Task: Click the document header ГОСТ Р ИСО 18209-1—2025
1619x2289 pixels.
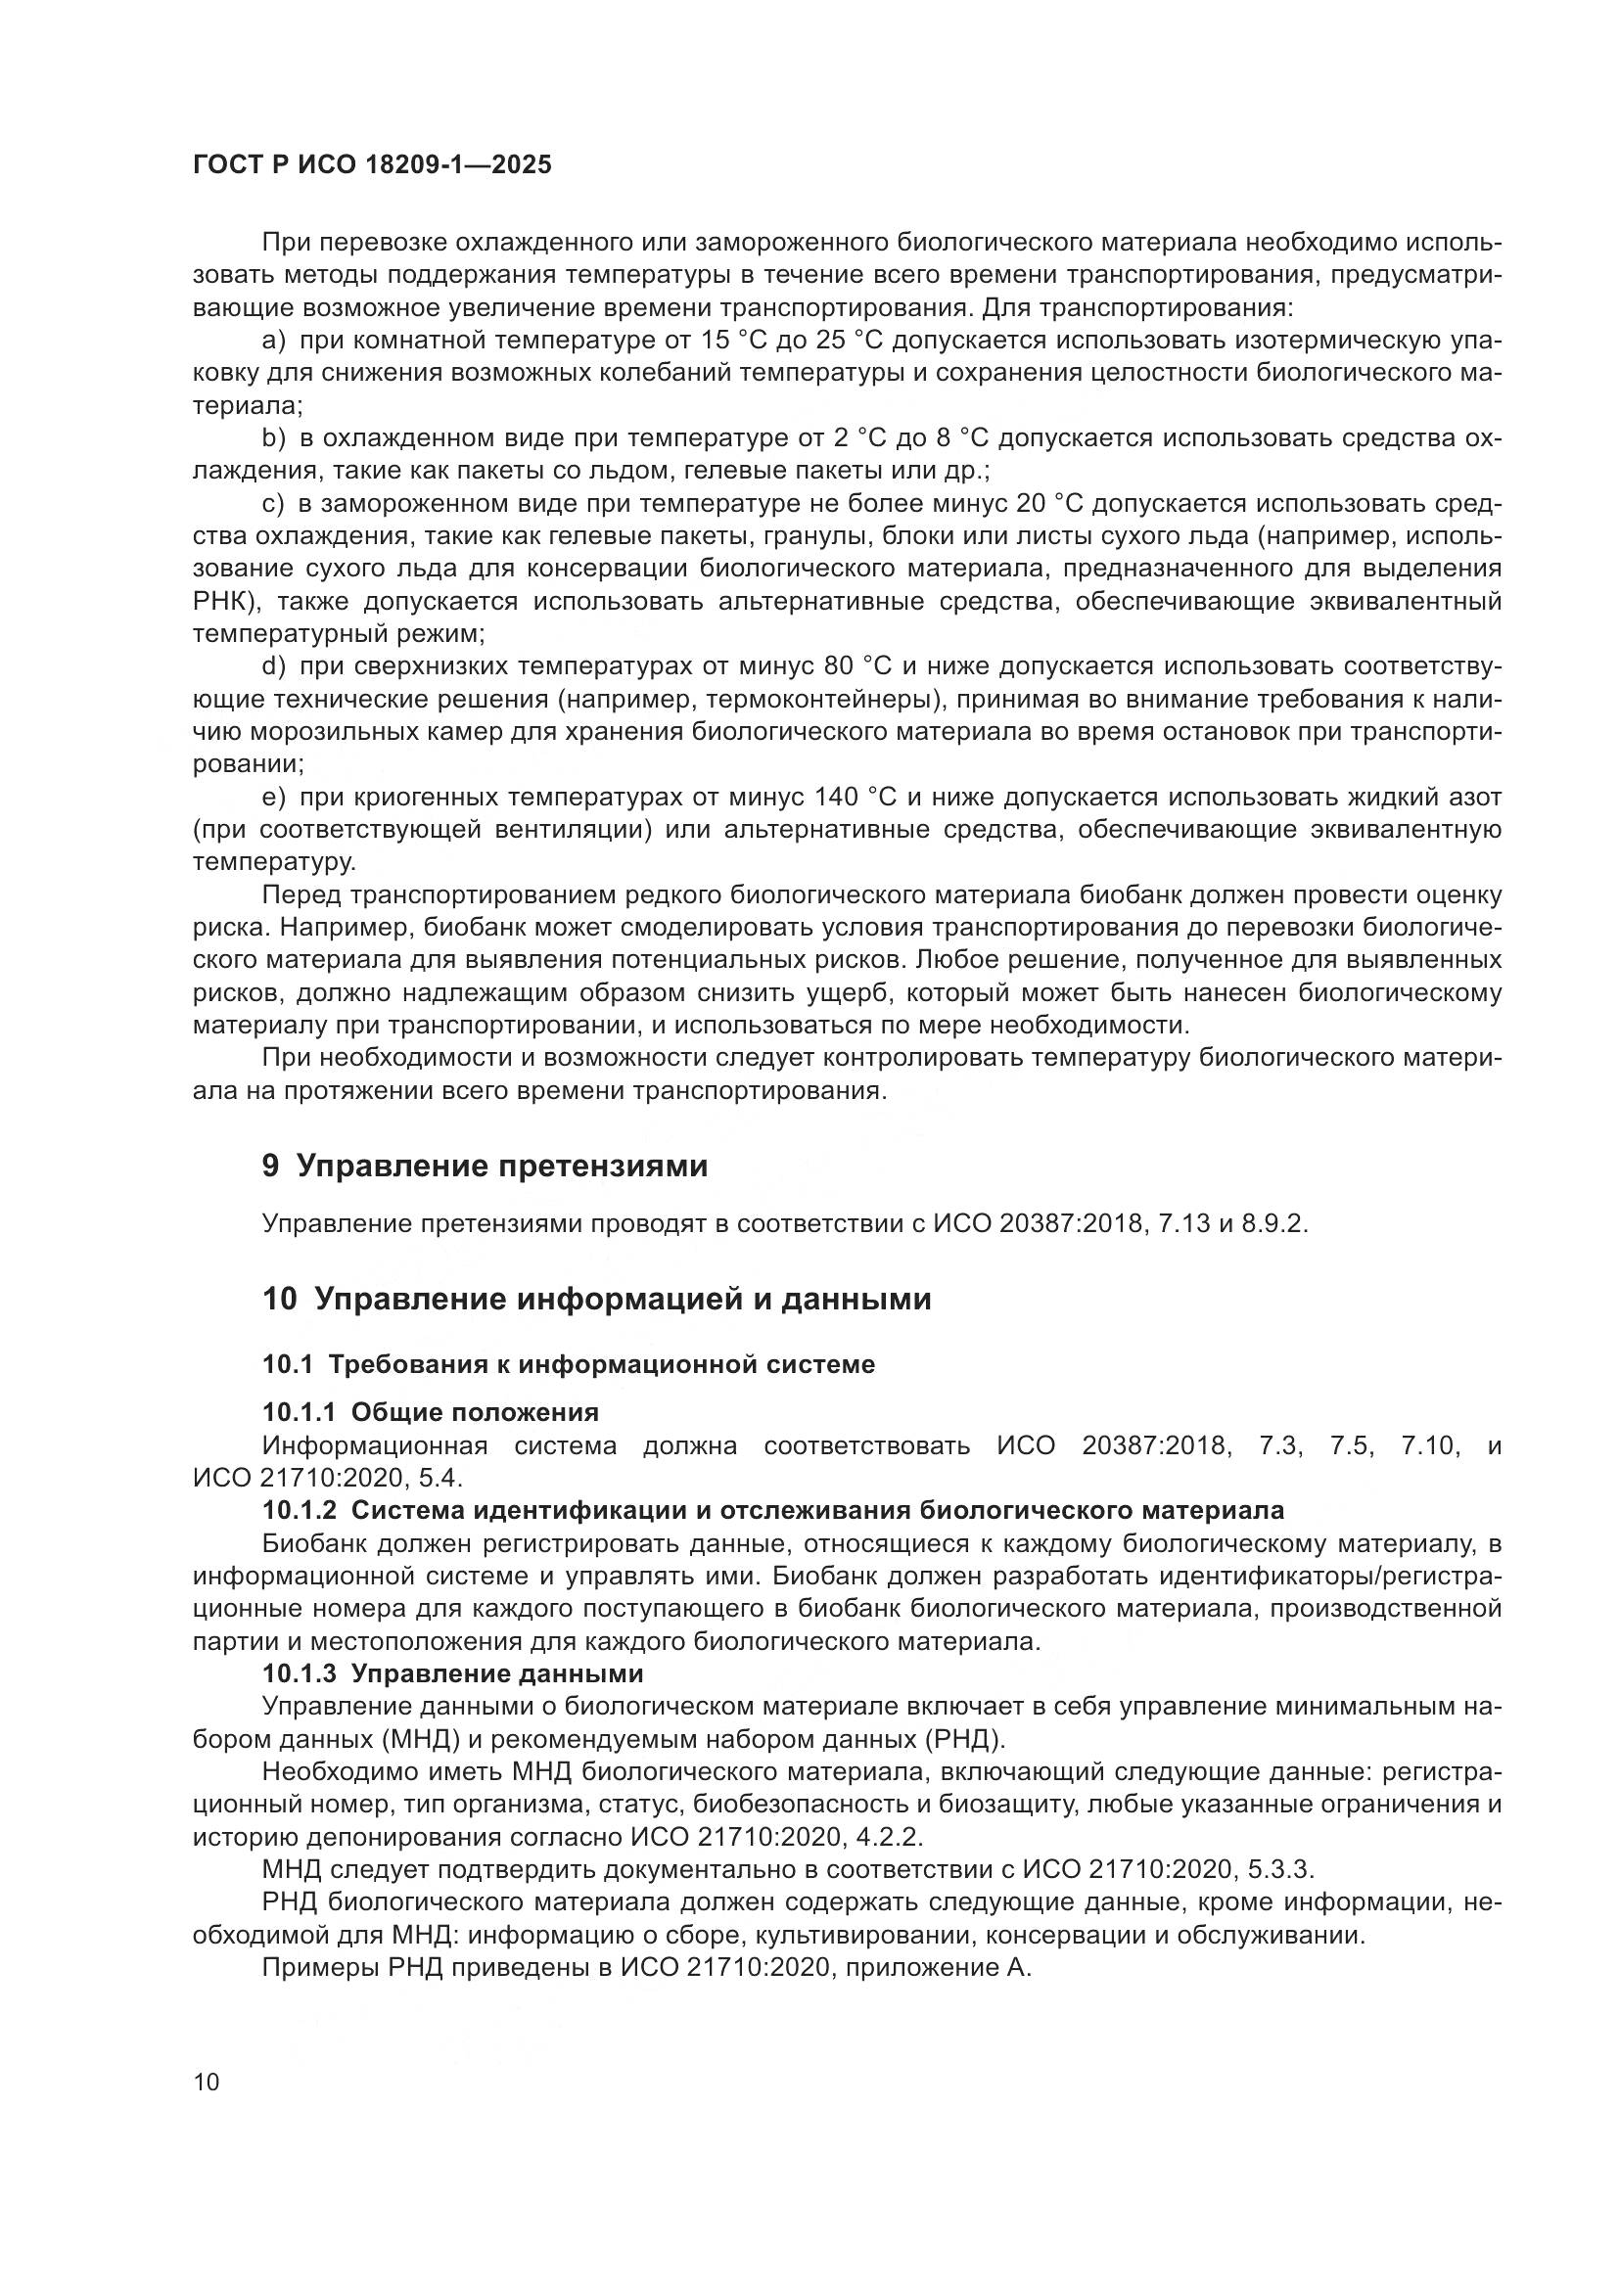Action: click(x=371, y=164)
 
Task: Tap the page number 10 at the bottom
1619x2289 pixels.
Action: click(x=207, y=2083)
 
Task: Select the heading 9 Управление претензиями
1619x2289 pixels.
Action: click(x=485, y=1166)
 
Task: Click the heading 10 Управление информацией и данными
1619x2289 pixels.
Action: click(x=596, y=1299)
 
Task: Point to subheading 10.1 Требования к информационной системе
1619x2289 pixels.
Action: click(x=569, y=1364)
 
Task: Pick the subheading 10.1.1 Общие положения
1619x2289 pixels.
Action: click(x=430, y=1412)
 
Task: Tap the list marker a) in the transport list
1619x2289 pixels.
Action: click(x=273, y=341)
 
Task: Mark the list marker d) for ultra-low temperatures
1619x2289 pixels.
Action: click(x=273, y=666)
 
